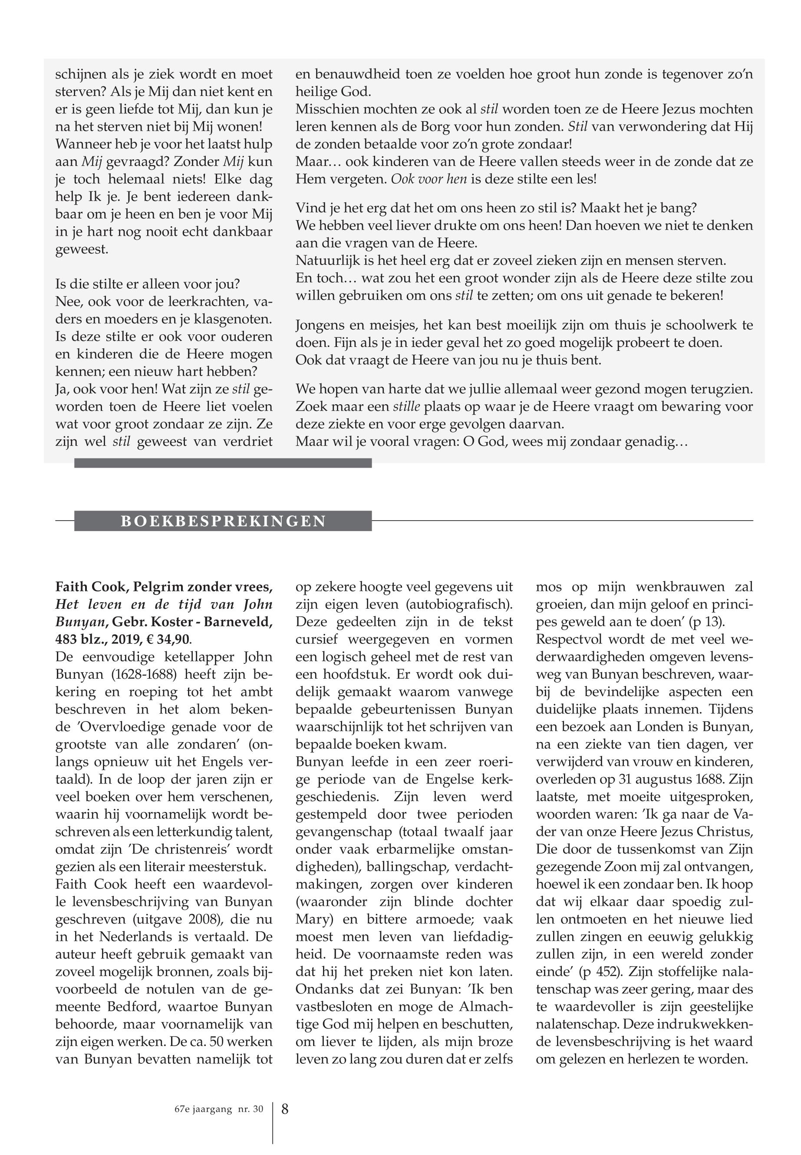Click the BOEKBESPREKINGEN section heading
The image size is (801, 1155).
pos(223,521)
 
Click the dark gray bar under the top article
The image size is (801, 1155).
pos(223,463)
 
